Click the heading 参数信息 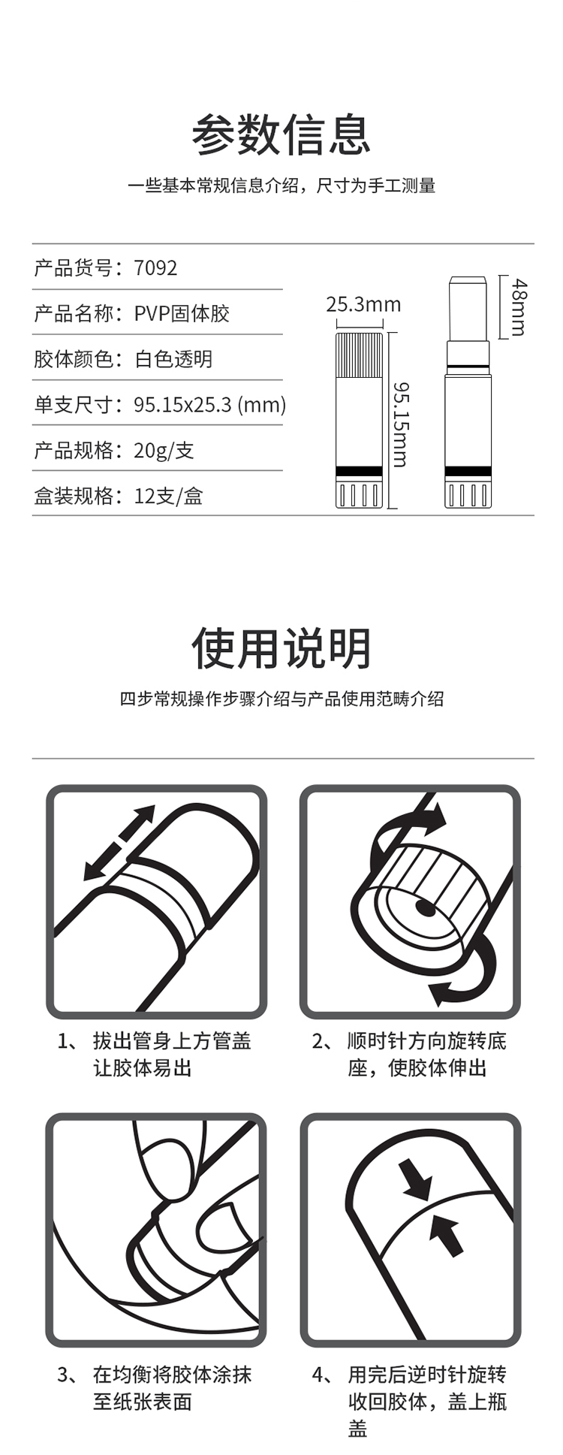[281, 135]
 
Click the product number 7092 [155, 268]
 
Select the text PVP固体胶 [182, 313]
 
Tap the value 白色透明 [173, 359]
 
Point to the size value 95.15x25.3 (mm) [210, 405]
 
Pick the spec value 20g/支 [164, 450]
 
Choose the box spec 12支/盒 [168, 496]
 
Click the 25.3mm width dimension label [363, 304]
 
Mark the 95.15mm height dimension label [401, 425]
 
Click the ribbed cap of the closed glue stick [359, 355]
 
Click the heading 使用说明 [281, 648]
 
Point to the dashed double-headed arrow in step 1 [119, 843]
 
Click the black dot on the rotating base [426, 908]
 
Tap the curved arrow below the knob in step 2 [465, 973]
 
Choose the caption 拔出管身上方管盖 [172, 1041]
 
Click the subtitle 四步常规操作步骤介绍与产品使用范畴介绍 [281, 699]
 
